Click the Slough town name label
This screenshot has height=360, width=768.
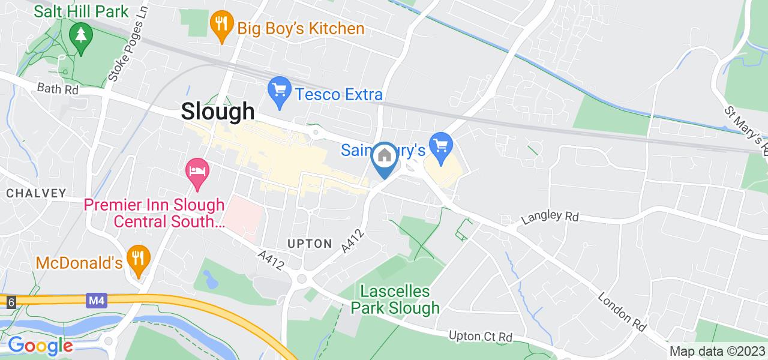click(x=218, y=112)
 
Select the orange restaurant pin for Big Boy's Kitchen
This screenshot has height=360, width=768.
click(x=221, y=26)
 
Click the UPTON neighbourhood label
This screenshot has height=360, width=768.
click(x=310, y=243)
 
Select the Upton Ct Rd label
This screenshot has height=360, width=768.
click(x=481, y=337)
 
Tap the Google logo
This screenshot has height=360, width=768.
click(x=40, y=346)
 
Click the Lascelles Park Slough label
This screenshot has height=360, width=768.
click(x=395, y=300)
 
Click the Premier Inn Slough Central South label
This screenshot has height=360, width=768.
click(x=154, y=214)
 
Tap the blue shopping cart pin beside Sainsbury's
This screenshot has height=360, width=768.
click(x=442, y=146)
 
